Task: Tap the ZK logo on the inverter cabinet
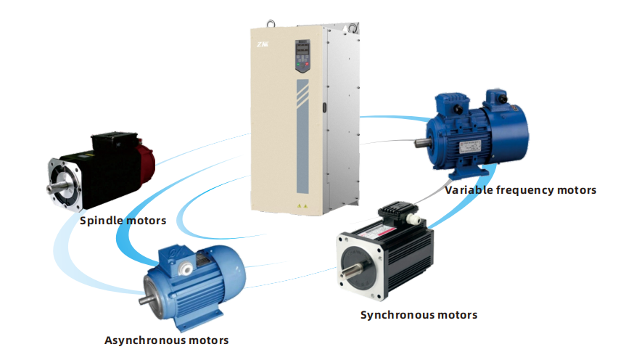[x=262, y=45]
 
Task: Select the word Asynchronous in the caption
[x=141, y=340]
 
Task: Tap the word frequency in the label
[x=523, y=190]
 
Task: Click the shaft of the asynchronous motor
[x=148, y=298]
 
